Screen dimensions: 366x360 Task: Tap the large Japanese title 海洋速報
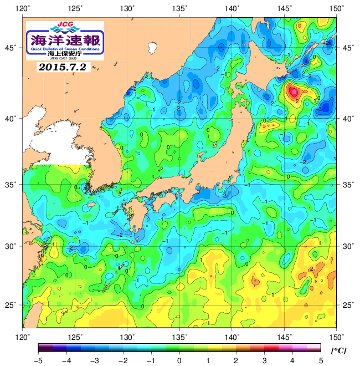coord(65,39)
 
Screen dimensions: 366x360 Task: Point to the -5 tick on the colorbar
coord(38,360)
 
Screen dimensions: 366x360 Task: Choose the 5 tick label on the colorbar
coord(321,360)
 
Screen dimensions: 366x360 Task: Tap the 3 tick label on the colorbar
coord(264,360)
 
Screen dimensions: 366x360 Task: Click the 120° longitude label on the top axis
coord(23,8)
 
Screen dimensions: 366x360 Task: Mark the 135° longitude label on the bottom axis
coord(180,336)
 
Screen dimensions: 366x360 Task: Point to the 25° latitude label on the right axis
coord(348,305)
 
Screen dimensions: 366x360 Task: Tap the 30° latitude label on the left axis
coord(12,246)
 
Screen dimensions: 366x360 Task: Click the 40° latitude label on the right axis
coord(348,118)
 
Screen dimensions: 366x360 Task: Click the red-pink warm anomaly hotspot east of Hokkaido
coord(294,91)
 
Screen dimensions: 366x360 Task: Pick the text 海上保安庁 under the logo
coord(65,53)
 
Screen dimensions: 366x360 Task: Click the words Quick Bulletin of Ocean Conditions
coord(65,49)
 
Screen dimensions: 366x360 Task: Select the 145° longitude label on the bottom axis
coord(285,336)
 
